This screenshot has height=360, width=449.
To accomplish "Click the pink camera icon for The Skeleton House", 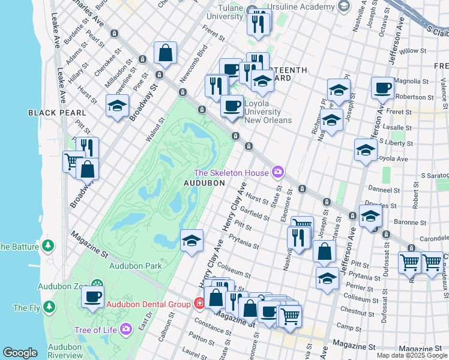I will pos(277,173).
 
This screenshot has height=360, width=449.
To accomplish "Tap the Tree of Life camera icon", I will pos(125,329).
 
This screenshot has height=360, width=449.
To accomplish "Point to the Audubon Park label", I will pos(136,265).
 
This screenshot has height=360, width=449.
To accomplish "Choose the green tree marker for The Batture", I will pos(49,246).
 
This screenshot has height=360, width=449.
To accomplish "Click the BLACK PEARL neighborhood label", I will pos(57,112).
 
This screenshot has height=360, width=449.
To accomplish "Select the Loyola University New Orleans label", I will pos(262,112).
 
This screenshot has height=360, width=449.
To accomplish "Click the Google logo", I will pos(20,353).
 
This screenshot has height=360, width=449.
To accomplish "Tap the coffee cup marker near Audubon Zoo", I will pos(92,296).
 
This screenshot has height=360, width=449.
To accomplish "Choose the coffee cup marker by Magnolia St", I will pos(382,88).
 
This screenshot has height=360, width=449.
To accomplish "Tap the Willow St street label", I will pos(412,51).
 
